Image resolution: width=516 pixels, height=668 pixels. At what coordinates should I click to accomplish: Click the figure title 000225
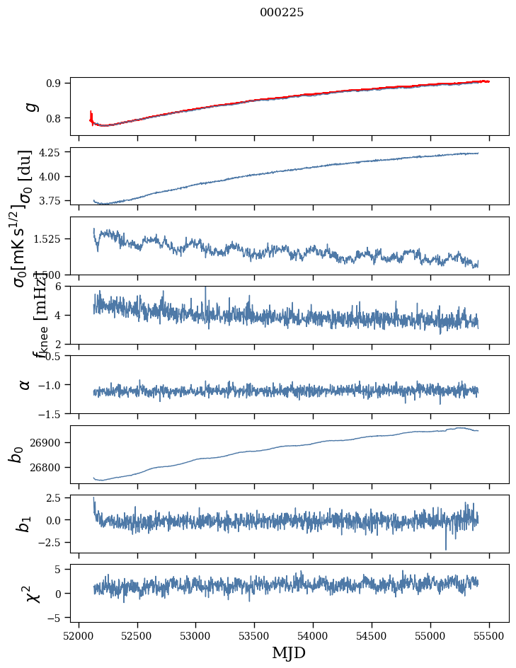[x=282, y=12]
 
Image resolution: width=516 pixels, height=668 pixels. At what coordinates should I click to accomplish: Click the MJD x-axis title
[x=289, y=652]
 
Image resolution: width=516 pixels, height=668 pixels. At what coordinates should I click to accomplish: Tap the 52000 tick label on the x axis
[x=79, y=635]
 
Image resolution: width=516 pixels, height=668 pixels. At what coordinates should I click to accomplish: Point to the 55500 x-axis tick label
[x=489, y=635]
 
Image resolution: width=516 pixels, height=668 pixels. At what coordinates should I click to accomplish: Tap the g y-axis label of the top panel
[x=30, y=106]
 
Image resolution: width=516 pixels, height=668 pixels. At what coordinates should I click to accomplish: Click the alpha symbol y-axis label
[x=25, y=384]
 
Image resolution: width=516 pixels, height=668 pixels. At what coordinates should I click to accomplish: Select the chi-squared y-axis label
[x=33, y=593]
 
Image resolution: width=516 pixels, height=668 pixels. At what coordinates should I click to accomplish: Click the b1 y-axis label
[x=24, y=524]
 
